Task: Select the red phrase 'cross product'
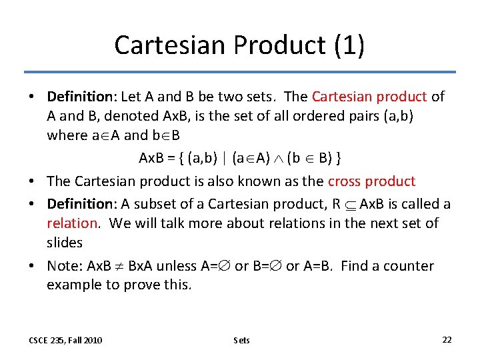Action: click(x=371, y=181)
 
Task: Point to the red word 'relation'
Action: click(x=73, y=223)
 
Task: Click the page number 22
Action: click(x=447, y=340)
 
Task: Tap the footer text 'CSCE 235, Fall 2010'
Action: click(x=65, y=341)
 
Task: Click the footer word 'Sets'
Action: click(x=241, y=341)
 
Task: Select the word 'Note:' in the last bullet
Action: click(x=65, y=266)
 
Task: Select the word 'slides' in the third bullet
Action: click(x=65, y=243)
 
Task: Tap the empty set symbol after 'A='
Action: click(x=225, y=267)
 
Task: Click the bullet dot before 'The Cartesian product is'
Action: click(x=32, y=181)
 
